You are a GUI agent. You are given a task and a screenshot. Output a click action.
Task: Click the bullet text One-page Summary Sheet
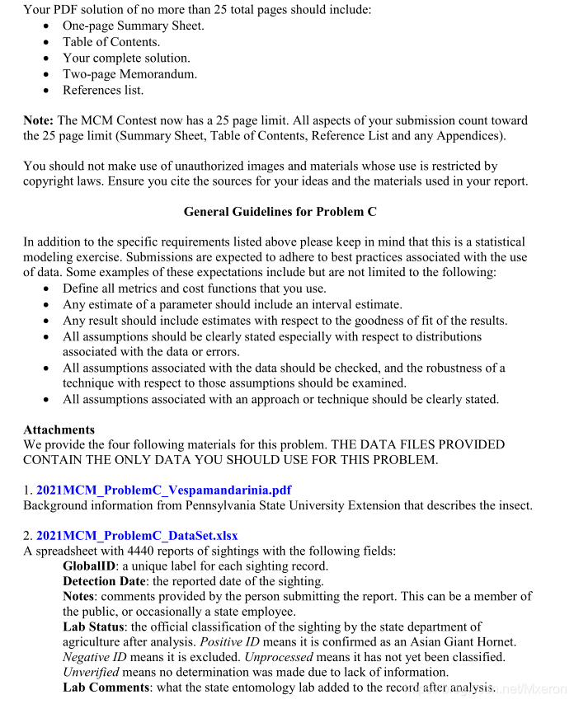[x=133, y=26]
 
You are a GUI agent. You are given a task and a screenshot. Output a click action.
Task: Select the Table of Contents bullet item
[x=111, y=42]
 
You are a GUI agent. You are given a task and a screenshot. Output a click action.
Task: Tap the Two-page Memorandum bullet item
[x=129, y=74]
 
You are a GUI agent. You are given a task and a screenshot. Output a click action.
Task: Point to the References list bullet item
[x=103, y=91]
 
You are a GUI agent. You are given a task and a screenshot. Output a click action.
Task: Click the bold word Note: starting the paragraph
[x=39, y=120]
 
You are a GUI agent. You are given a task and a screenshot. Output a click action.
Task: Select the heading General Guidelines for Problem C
[x=280, y=212]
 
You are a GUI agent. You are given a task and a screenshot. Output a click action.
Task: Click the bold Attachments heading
[x=59, y=429]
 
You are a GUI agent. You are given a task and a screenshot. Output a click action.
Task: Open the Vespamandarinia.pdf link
[x=163, y=490]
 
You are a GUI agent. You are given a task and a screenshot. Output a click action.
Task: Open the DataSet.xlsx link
[x=137, y=536]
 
